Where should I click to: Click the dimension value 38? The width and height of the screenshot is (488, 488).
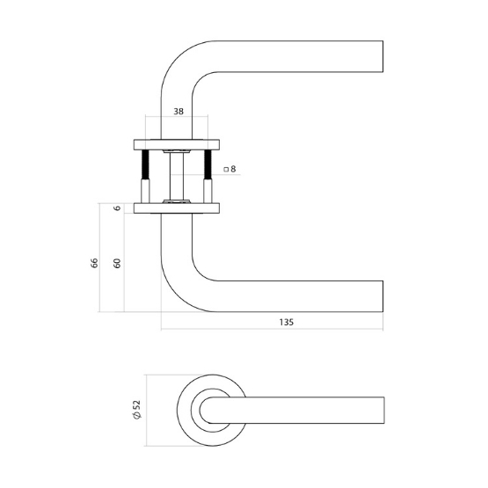coord(178,113)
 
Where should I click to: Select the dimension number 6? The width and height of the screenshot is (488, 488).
coord(116,208)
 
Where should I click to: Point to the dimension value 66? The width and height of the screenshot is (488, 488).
coord(94,263)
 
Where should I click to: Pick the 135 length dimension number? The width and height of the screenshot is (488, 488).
coord(286,323)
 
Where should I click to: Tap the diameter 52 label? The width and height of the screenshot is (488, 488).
coord(136,409)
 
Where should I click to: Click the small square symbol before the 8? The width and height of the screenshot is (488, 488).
coord(225,169)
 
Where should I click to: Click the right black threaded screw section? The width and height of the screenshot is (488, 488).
coord(208,165)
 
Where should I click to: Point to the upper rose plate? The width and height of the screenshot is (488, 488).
coord(176,142)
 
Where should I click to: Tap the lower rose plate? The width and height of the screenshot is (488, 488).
coord(176,208)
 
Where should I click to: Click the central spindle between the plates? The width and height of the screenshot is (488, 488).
coord(177,175)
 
